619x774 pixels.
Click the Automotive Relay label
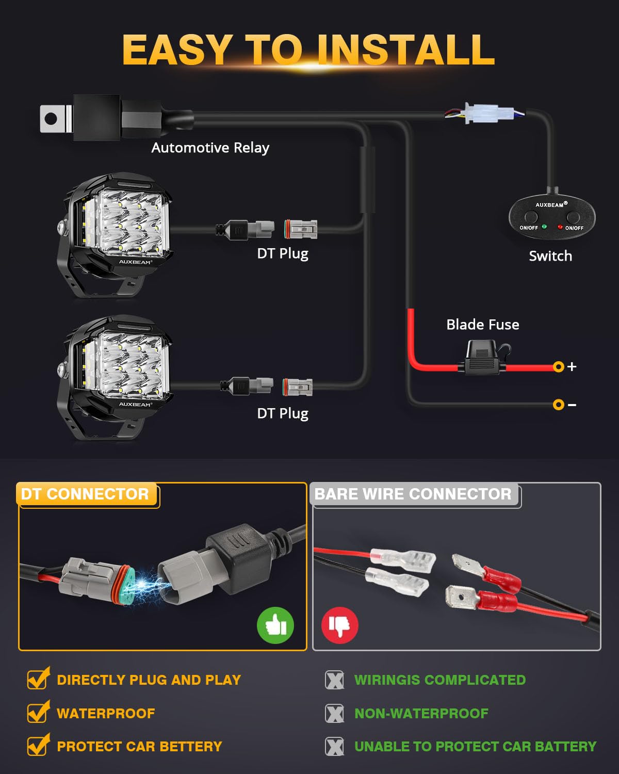coord(210,148)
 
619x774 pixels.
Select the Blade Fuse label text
coord(483,325)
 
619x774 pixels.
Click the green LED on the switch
coord(544,227)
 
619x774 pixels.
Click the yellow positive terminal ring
coord(558,367)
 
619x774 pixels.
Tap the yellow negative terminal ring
coord(558,405)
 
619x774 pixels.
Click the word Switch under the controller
coord(550,256)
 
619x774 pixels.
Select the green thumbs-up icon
coord(275,625)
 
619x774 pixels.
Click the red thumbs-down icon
coord(339,625)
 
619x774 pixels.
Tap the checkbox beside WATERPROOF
coord(38,712)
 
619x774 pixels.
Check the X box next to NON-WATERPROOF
coord(334,714)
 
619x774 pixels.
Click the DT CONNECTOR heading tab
coord(86,494)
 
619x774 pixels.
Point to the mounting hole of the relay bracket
coord(51,118)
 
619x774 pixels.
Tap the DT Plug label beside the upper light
coord(283,253)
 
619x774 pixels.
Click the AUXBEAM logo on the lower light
coord(135,405)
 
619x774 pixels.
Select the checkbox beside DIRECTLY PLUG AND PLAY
coord(38,679)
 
